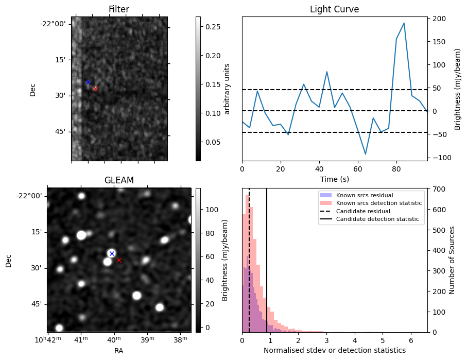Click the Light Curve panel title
[x=334, y=9]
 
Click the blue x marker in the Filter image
[x=88, y=82]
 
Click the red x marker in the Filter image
[x=95, y=89]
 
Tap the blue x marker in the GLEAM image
[x=112, y=253]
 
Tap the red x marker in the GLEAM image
[x=119, y=260]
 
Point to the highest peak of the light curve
[x=404, y=23]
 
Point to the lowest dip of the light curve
[x=366, y=154]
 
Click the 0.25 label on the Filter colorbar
[x=212, y=26]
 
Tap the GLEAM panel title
[x=119, y=180]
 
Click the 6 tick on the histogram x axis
[x=410, y=340]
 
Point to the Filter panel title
[x=119, y=9]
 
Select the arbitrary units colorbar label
[x=227, y=89]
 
